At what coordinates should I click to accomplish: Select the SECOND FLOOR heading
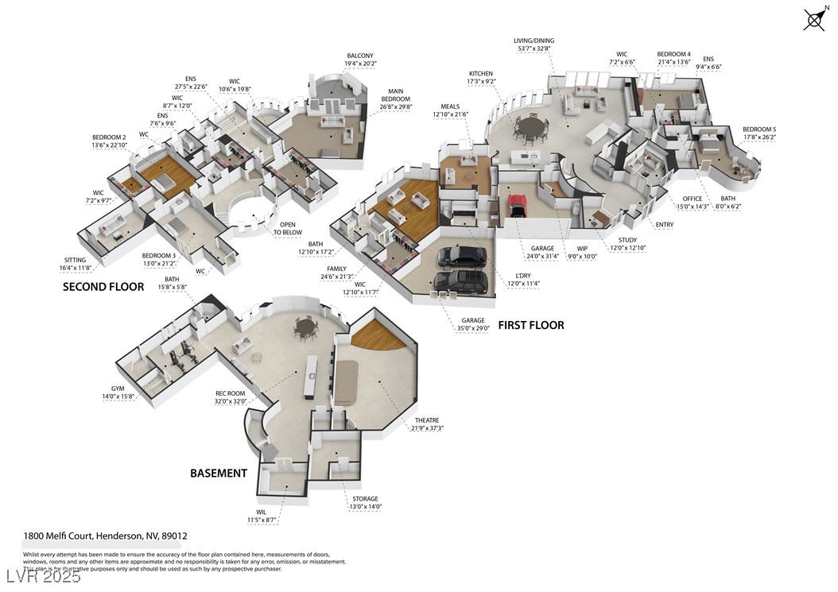pyautogui.click(x=103, y=286)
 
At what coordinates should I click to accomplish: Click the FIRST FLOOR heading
pyautogui.click(x=531, y=325)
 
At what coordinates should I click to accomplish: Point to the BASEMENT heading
pyautogui.click(x=219, y=473)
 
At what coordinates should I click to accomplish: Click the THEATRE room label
pyautogui.click(x=427, y=420)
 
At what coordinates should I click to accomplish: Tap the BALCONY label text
pyautogui.click(x=360, y=56)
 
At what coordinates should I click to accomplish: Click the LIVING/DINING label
pyautogui.click(x=535, y=41)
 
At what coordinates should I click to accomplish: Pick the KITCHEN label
pyautogui.click(x=481, y=73)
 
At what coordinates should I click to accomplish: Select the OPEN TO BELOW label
pyautogui.click(x=288, y=229)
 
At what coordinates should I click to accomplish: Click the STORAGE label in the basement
pyautogui.click(x=366, y=499)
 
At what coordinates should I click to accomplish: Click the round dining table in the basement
pyautogui.click(x=305, y=327)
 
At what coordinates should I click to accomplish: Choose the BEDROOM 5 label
pyautogui.click(x=759, y=129)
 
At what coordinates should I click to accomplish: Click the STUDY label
pyautogui.click(x=628, y=239)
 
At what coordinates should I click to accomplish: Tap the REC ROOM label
pyautogui.click(x=231, y=393)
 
